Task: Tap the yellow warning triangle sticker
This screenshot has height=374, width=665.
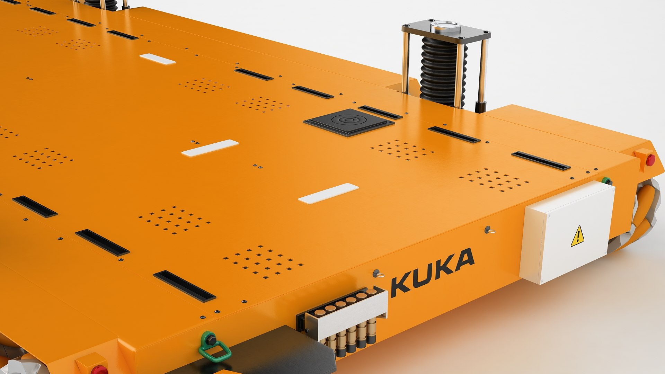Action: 577,237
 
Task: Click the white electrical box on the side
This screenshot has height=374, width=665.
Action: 568,232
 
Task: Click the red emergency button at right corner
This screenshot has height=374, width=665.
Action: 650,160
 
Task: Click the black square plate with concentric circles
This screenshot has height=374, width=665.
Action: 348,122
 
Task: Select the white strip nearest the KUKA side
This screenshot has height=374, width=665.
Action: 328,193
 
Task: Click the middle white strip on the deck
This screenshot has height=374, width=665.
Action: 210,148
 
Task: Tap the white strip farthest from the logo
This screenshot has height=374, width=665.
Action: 158,59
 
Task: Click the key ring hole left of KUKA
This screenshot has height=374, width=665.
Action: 377,274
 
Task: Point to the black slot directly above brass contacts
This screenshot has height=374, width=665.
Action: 184,286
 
